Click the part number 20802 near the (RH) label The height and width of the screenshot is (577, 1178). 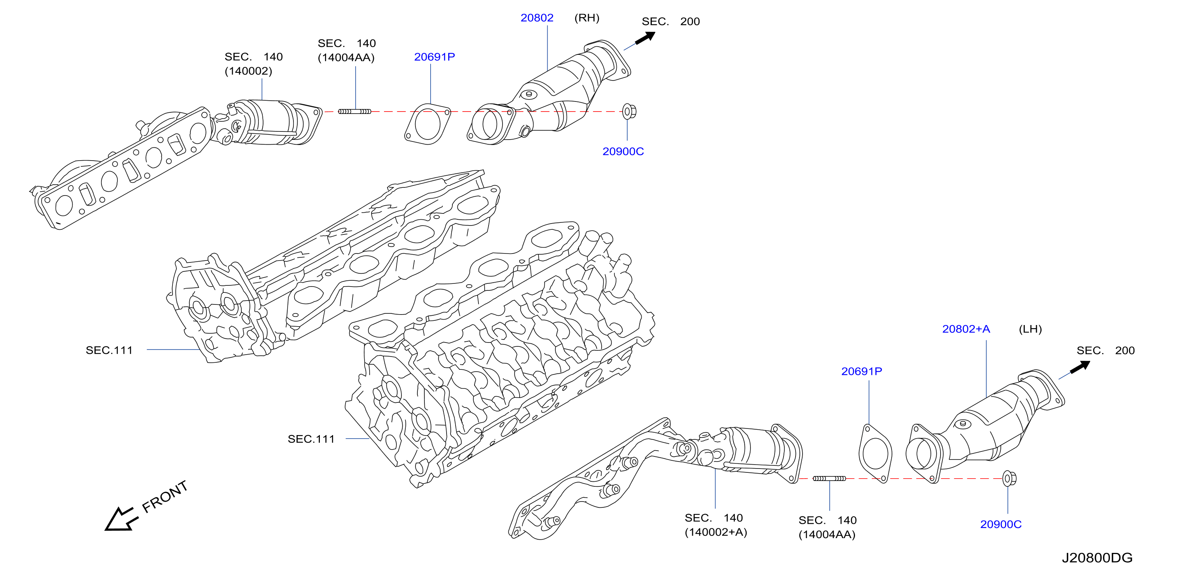click(x=537, y=18)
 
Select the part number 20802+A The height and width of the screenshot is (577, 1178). click(x=966, y=329)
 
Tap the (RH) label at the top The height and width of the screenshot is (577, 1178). click(x=587, y=18)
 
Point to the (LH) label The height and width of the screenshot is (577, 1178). click(x=1030, y=329)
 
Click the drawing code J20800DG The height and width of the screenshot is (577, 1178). click(x=1097, y=558)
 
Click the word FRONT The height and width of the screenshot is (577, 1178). click(x=165, y=497)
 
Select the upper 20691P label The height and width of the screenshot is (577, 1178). click(x=435, y=57)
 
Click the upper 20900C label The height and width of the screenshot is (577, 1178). click(x=623, y=152)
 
